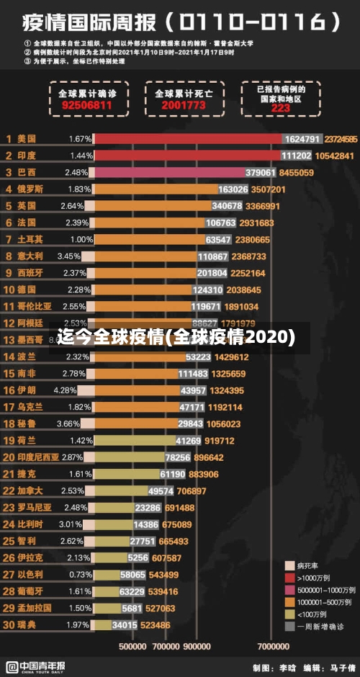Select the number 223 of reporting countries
pos(280,109)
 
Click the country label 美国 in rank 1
pos(27,138)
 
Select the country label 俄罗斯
pos(30,189)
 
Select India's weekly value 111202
pos(297,156)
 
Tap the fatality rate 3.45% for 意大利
pos(69,256)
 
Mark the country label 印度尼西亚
pos(39,457)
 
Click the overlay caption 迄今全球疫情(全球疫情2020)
pos(176,337)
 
